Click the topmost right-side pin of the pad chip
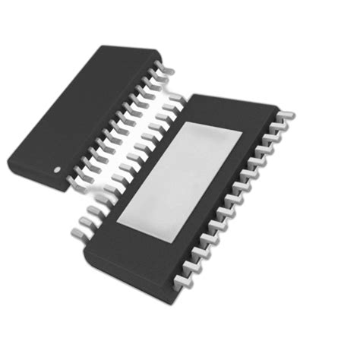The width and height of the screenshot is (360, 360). pyautogui.click(x=289, y=115)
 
